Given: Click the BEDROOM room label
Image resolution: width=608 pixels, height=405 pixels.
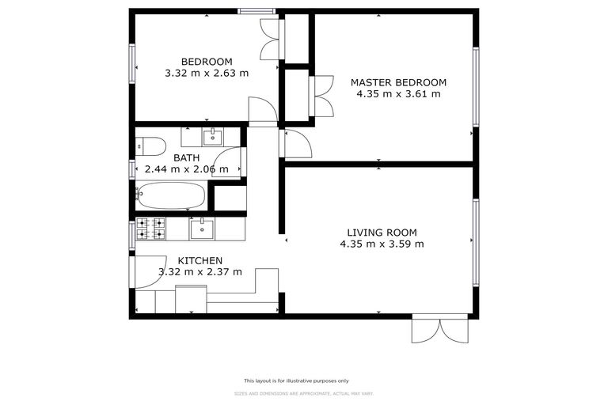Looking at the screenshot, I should (x=207, y=62).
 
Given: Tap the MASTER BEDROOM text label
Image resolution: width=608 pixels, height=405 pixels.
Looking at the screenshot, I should (x=398, y=82).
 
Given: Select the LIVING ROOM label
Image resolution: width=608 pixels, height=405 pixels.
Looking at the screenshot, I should (x=382, y=233).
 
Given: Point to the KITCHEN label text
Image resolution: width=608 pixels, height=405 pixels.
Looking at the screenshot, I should (x=199, y=260).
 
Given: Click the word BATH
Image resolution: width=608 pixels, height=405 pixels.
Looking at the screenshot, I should (x=187, y=157).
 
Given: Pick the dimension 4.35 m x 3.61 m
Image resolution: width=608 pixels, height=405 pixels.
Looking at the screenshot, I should (x=398, y=93).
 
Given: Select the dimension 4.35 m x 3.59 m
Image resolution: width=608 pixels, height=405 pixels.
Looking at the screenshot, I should (x=382, y=244).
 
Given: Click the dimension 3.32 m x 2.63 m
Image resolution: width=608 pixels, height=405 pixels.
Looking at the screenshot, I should (x=207, y=73).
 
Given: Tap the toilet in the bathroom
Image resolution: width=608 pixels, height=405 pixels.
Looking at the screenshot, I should (x=150, y=146).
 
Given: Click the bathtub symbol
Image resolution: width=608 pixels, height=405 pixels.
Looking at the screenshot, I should (x=171, y=195).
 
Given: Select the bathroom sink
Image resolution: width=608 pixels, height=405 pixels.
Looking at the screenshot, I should (x=212, y=138).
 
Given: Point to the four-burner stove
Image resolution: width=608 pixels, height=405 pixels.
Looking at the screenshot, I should (x=150, y=229).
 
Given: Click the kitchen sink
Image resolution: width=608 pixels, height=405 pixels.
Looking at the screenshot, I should (x=202, y=229).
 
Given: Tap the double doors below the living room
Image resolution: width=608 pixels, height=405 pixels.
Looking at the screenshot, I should (x=440, y=330).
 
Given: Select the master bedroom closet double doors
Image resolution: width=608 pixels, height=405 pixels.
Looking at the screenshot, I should (x=323, y=97).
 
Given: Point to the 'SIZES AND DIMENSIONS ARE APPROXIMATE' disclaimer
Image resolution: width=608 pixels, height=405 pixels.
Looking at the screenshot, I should (x=303, y=393).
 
